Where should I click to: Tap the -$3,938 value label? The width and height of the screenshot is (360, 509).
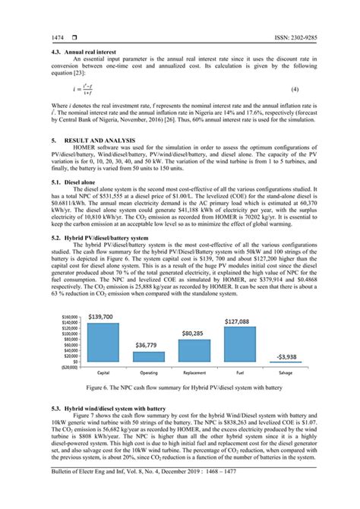(x=286, y=356)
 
